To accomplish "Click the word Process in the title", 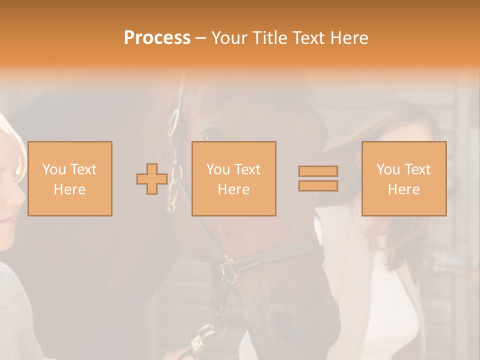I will (x=157, y=38).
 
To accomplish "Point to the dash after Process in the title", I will (x=200, y=38).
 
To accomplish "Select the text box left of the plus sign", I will (x=69, y=178).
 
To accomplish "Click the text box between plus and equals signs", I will (x=233, y=178).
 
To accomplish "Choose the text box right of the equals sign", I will (x=403, y=178).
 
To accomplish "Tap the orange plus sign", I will (x=152, y=178).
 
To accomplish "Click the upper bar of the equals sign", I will (x=318, y=171).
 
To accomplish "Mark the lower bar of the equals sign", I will (x=318, y=186).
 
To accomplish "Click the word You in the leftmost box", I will (x=53, y=169).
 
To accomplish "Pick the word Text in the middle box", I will (x=247, y=169).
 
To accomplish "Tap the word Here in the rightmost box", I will (x=403, y=189).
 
